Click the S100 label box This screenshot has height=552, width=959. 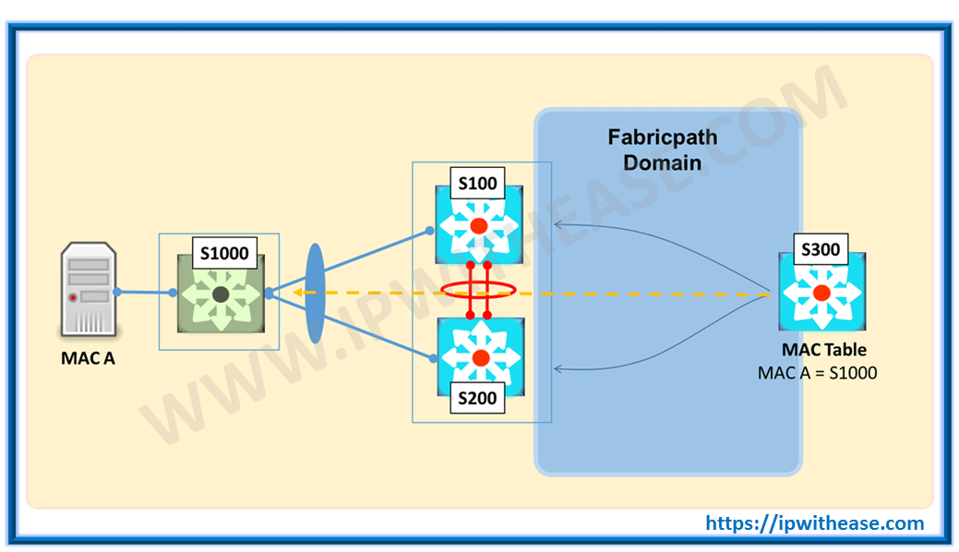pyautogui.click(x=478, y=182)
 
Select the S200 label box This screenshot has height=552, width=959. pyautogui.click(x=478, y=399)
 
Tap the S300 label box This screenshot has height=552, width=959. pyautogui.click(x=821, y=249)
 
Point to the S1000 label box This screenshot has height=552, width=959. pyautogui.click(x=220, y=252)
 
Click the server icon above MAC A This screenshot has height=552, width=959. pyautogui.click(x=89, y=290)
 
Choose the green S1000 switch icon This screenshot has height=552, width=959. pyautogui.click(x=220, y=294)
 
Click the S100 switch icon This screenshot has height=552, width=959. pyautogui.click(x=478, y=226)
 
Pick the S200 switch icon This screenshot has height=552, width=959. pyautogui.click(x=479, y=357)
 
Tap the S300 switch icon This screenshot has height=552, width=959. pyautogui.click(x=821, y=293)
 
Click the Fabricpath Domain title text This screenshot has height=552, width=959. pyautogui.click(x=662, y=150)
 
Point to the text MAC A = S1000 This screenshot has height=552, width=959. pyautogui.click(x=817, y=373)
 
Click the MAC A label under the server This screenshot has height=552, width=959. pyautogui.click(x=88, y=358)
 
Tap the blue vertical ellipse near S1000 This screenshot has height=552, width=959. pyautogui.click(x=315, y=293)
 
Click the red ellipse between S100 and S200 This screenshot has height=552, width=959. pyautogui.click(x=478, y=290)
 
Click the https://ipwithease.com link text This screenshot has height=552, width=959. pyautogui.click(x=815, y=523)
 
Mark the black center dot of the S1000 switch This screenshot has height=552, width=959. pyautogui.click(x=220, y=294)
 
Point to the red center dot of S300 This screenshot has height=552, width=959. pyautogui.click(x=821, y=293)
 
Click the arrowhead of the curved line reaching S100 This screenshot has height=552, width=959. pyautogui.click(x=558, y=223)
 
